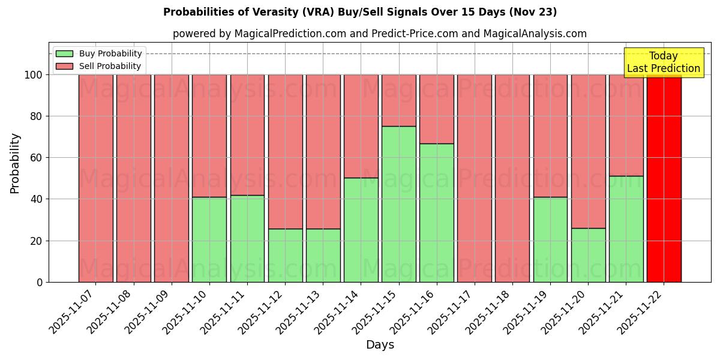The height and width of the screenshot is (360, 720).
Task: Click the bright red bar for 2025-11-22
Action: coord(664,178)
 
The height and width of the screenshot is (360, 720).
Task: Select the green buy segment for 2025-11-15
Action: coord(399,204)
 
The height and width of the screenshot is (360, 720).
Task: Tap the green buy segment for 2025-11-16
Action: coord(437,213)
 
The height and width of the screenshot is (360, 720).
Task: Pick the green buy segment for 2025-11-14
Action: coord(361,230)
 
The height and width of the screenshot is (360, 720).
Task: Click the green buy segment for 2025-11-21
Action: coord(626,229)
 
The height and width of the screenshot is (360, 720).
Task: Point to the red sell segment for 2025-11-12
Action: coord(286,151)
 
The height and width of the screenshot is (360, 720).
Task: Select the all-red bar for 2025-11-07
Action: coord(96,178)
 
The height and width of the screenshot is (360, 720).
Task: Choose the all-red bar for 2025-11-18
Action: coord(512,178)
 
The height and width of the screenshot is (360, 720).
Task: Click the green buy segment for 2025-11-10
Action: coord(209,239)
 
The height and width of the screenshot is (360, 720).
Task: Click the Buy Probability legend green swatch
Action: coord(64,53)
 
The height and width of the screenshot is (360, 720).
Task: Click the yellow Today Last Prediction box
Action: coord(664,62)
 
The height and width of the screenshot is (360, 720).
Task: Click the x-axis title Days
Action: coord(380,345)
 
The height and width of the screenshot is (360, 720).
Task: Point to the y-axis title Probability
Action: coord(15,163)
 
